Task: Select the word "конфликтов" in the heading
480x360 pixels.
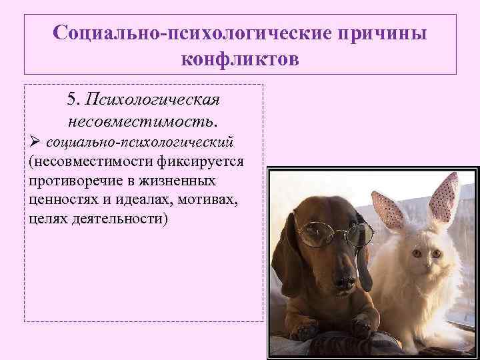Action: point(240,59)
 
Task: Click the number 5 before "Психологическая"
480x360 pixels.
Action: point(73,99)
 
